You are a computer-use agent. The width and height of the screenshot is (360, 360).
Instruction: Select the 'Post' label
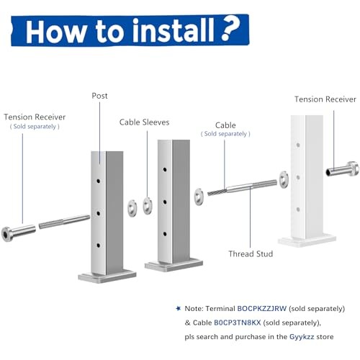tap(99, 96)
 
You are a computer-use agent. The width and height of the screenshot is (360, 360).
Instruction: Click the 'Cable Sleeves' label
tap(144, 122)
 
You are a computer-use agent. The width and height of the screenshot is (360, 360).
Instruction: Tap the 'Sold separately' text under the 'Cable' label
tap(226, 134)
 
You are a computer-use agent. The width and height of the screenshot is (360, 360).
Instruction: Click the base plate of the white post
tap(307, 240)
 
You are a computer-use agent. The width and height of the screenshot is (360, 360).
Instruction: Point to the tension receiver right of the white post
tap(342, 170)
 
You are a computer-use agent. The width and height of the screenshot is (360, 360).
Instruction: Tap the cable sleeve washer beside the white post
tap(282, 176)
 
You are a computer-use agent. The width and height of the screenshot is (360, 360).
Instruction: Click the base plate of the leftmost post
tap(107, 275)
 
